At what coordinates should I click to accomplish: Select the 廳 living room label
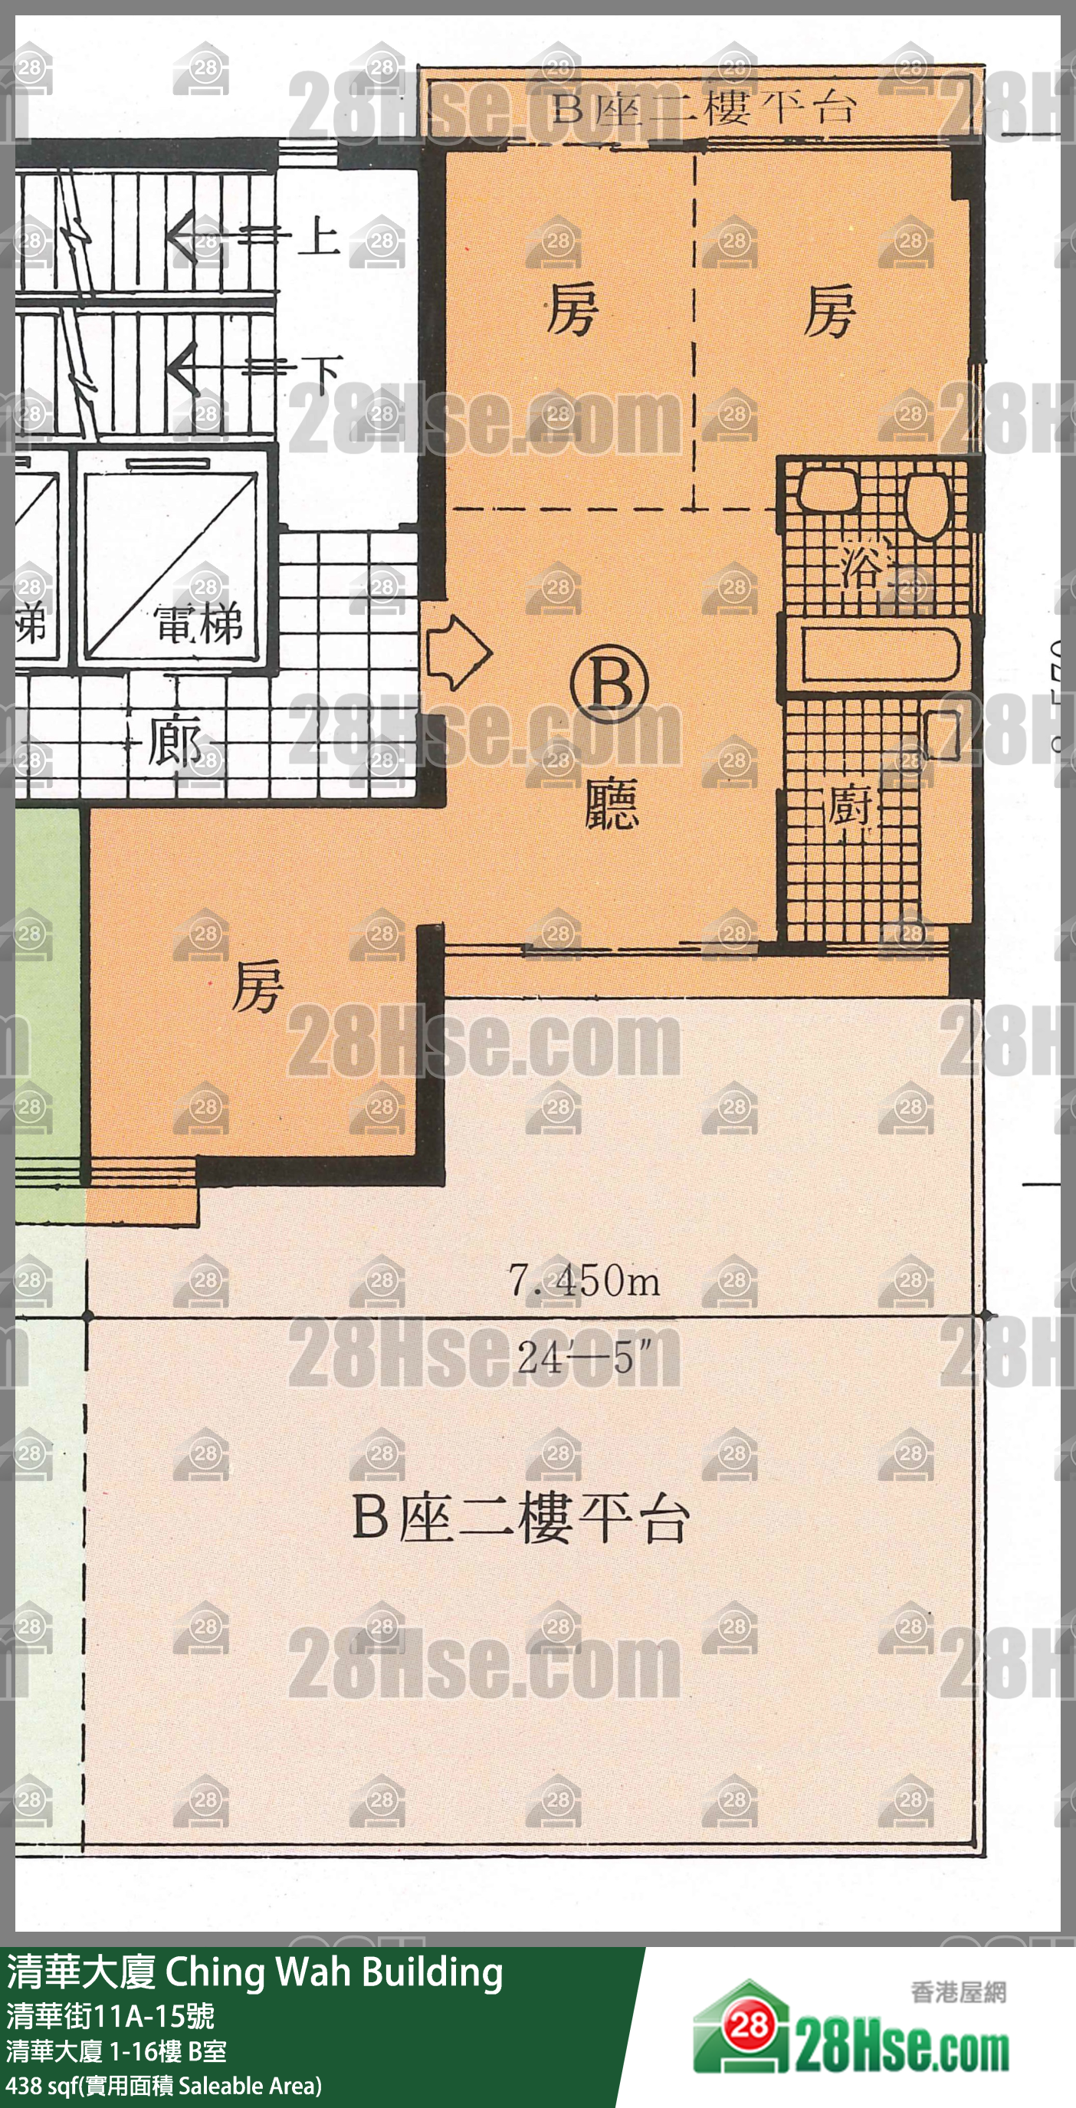click(612, 803)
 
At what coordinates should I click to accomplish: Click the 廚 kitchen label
click(849, 806)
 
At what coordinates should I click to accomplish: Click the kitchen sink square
click(942, 734)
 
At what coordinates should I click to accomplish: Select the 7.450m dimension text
click(584, 1280)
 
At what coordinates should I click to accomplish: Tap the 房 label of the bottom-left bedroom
click(257, 985)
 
